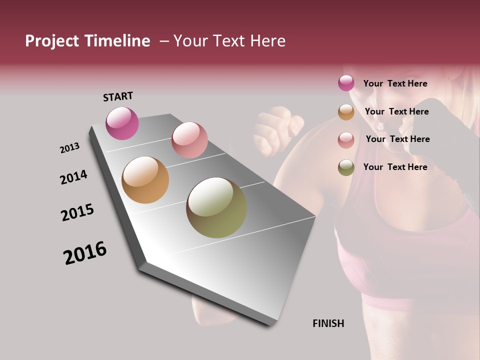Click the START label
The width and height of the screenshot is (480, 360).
click(x=118, y=96)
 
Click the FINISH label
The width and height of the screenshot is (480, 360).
click(x=328, y=323)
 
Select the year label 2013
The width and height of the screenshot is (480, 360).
click(x=69, y=148)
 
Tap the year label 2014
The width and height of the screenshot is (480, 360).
click(x=73, y=177)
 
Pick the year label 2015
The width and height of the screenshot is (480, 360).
click(x=77, y=212)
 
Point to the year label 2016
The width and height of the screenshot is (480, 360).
click(x=85, y=253)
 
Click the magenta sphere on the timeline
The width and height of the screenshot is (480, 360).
click(x=122, y=123)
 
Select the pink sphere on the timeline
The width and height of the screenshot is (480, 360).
click(x=189, y=140)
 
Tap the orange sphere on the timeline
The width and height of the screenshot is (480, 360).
click(x=145, y=180)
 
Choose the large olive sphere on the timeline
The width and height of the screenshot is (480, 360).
click(x=216, y=207)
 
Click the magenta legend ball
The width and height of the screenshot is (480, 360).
click(x=346, y=83)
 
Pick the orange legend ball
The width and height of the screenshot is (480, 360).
click(x=346, y=112)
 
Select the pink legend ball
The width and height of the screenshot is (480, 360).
click(x=346, y=139)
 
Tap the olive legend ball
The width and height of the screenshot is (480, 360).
click(x=346, y=167)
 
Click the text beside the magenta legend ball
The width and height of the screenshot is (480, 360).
click(x=395, y=83)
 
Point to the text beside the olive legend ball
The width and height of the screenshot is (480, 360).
click(x=395, y=167)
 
